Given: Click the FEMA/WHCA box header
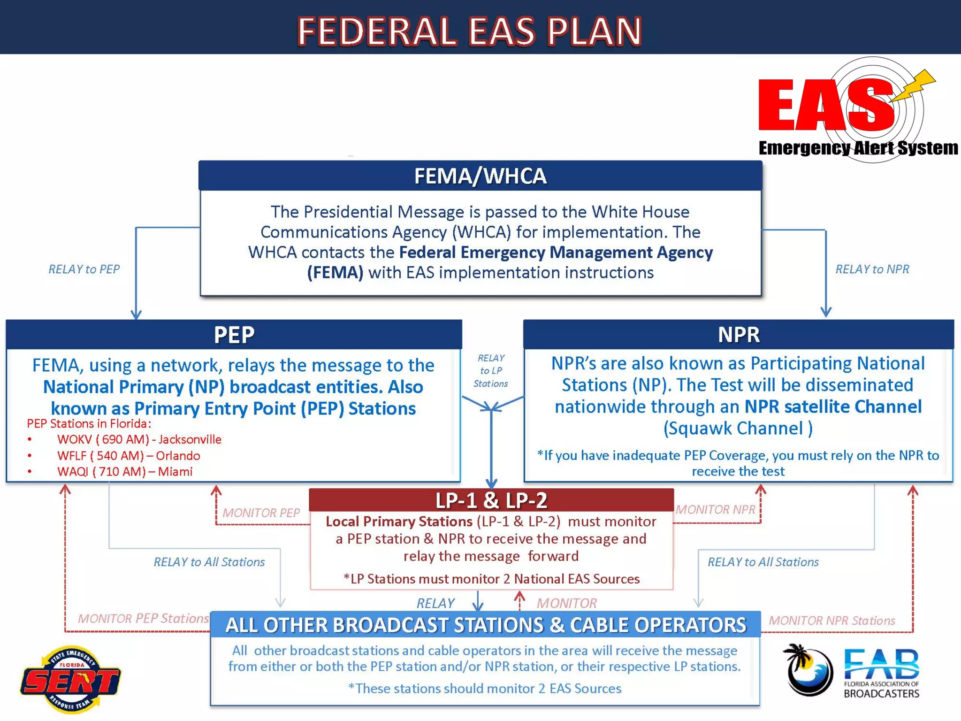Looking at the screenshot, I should point(480,176).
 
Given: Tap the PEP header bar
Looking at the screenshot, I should point(234,335).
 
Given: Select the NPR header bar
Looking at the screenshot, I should point(738,335).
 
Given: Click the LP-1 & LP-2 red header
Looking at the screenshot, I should point(491,500).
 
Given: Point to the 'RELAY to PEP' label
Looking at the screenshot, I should point(84,269).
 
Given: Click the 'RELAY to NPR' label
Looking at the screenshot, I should point(872,269).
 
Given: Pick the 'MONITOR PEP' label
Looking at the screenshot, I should point(261,513).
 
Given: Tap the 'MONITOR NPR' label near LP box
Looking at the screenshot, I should point(715,510).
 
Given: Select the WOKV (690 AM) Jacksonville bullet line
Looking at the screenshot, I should point(139,439).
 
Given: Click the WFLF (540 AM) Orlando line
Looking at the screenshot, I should point(128,455).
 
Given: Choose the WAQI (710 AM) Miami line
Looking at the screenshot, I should point(124,471).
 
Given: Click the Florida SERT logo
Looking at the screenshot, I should point(70,679).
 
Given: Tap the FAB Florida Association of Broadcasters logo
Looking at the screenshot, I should point(852,671).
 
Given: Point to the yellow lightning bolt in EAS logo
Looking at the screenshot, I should point(915,84).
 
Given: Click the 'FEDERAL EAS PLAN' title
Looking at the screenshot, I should point(469,31).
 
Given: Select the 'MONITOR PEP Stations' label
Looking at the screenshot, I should point(143,618).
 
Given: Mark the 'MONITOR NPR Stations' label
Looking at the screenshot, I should point(831,621).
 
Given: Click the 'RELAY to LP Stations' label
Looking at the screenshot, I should point(491,371).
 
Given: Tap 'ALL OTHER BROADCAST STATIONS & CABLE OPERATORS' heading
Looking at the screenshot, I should point(486,625).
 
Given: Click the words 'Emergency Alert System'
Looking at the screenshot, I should point(858,148).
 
